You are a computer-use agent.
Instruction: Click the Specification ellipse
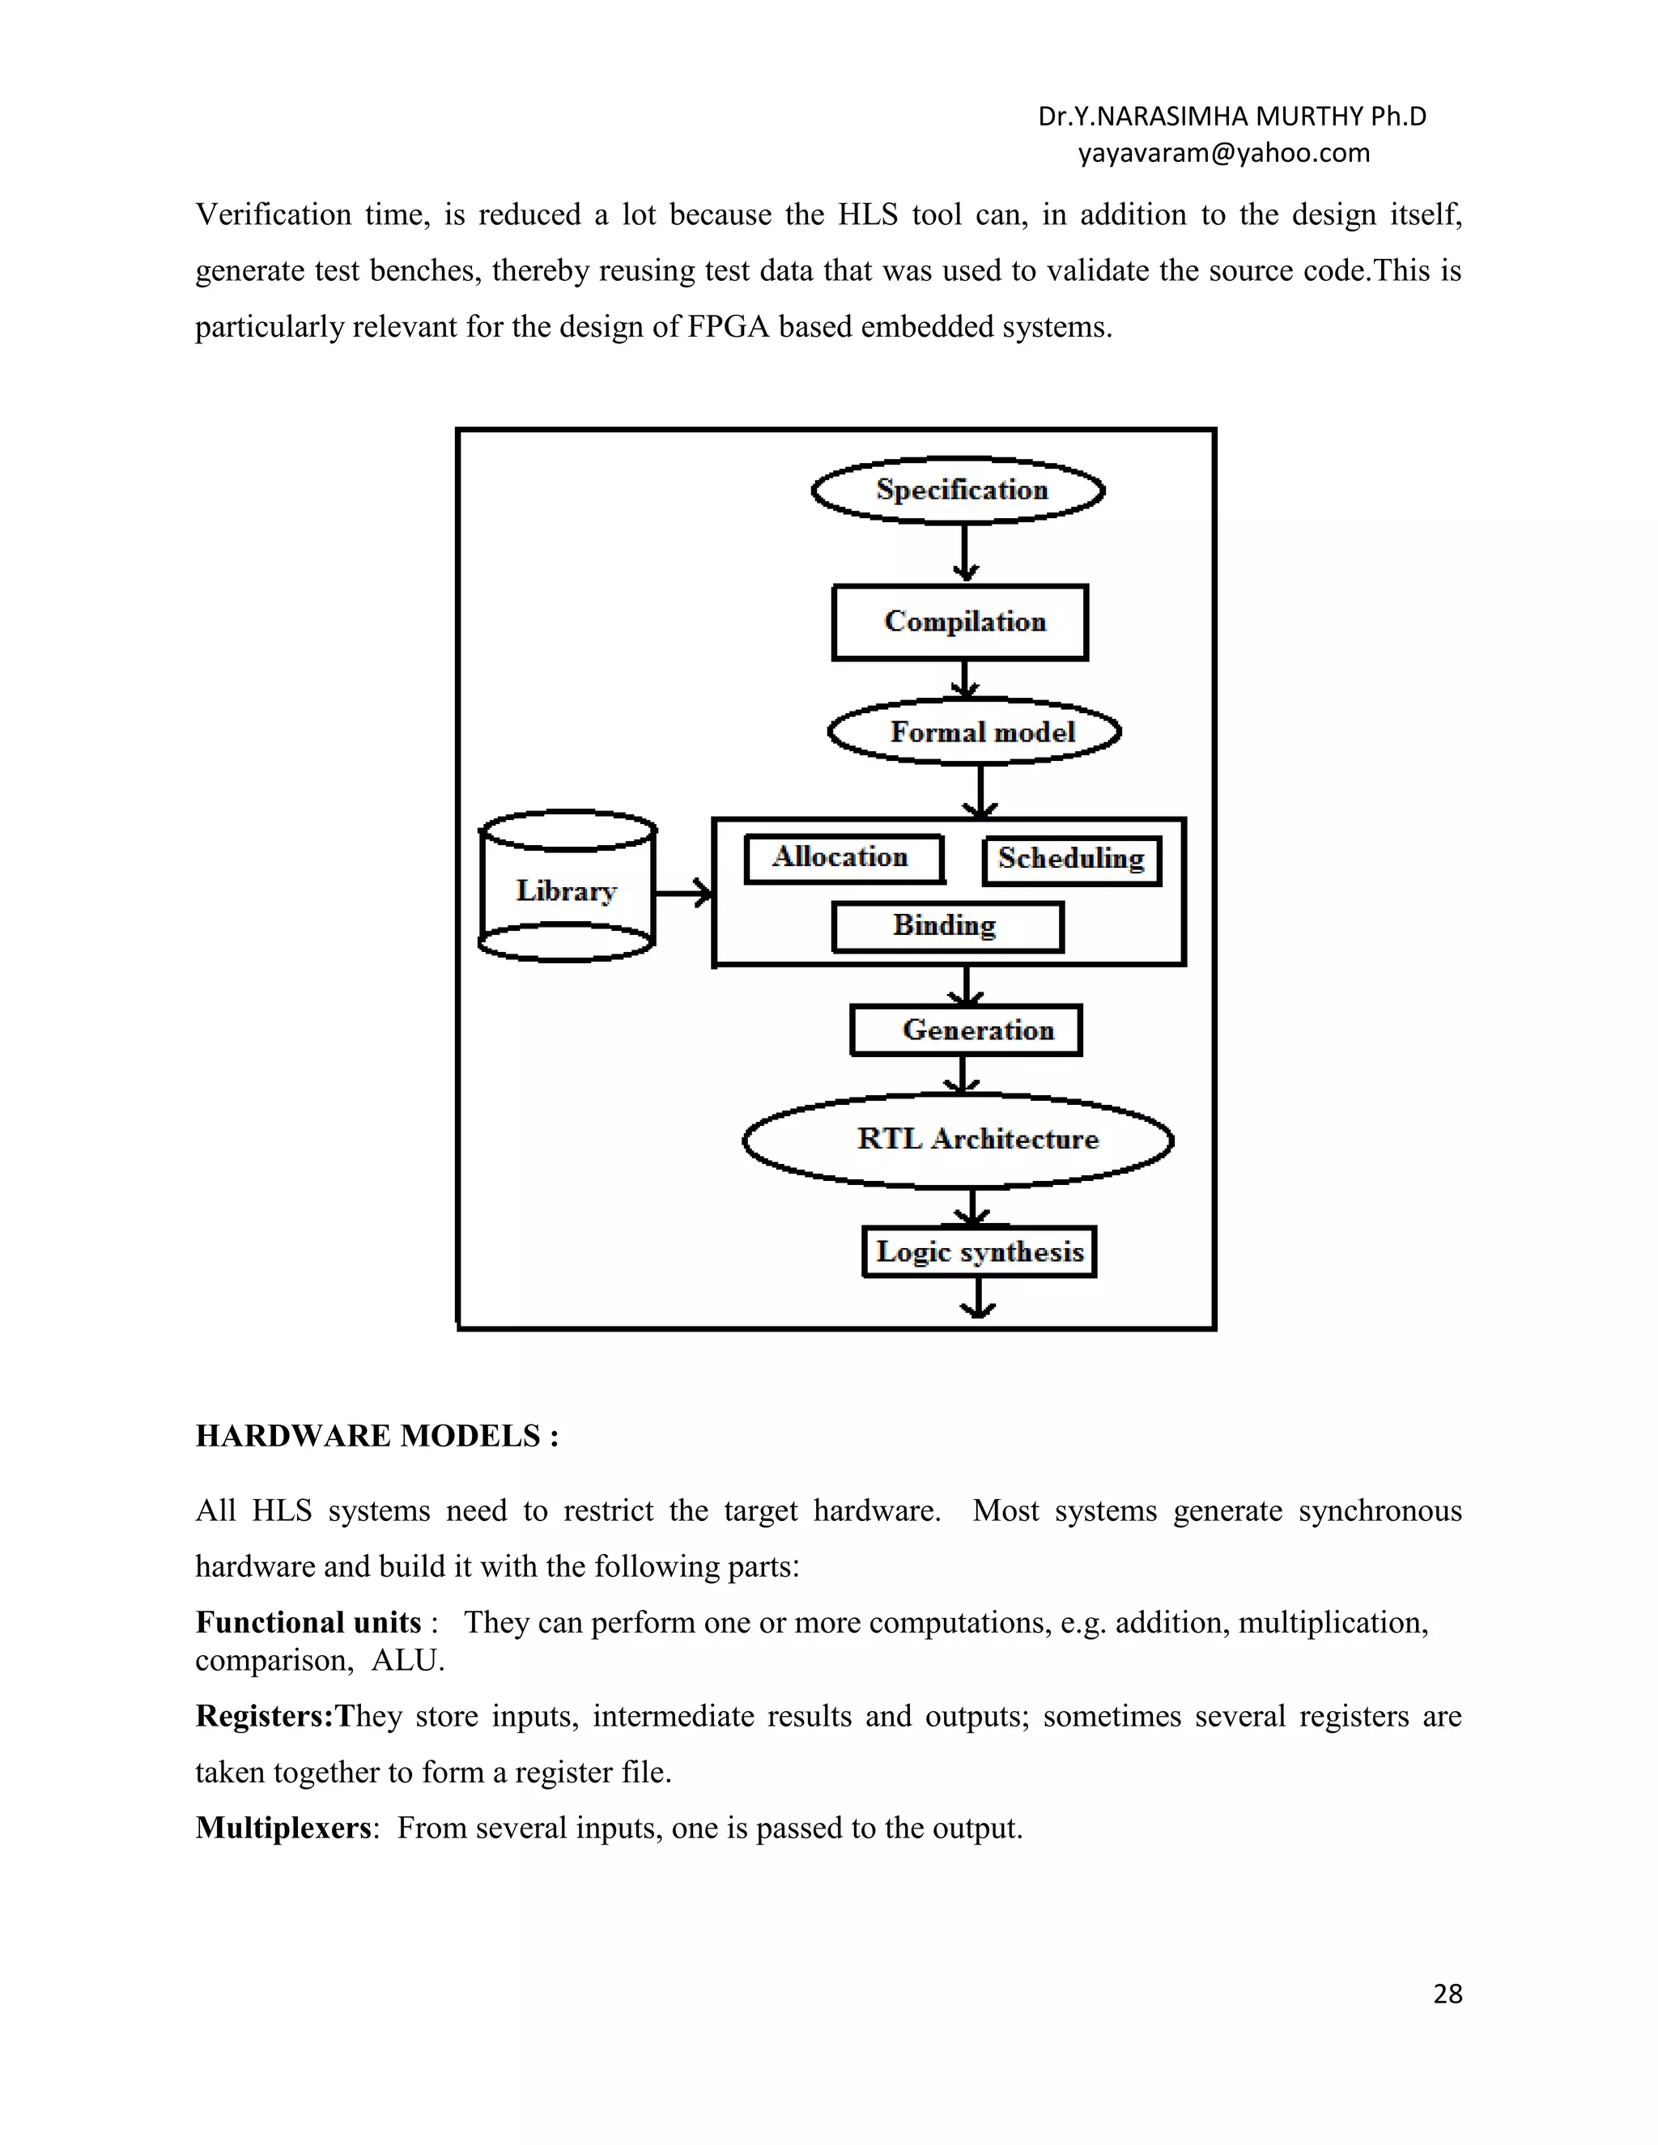click(x=959, y=490)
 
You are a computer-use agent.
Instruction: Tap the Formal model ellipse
click(x=975, y=732)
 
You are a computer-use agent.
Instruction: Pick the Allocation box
click(x=844, y=858)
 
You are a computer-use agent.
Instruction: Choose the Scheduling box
click(x=1072, y=860)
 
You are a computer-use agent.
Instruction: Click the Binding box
click(x=947, y=926)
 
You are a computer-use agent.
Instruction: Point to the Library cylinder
click(x=567, y=889)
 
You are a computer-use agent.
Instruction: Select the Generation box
click(x=967, y=1030)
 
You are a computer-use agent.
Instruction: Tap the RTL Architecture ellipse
click(x=959, y=1140)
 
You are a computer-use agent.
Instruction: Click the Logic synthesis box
click(x=980, y=1252)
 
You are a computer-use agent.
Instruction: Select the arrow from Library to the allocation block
click(x=683, y=893)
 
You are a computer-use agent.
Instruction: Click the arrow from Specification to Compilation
click(x=966, y=554)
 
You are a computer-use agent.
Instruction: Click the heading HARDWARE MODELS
click(x=377, y=1436)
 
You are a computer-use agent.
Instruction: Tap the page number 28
click(x=1448, y=1994)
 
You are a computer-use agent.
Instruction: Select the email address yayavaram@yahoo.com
click(x=1224, y=153)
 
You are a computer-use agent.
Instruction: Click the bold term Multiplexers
click(x=284, y=1828)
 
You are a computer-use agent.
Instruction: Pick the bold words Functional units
click(x=308, y=1621)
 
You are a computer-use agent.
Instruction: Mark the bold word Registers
click(x=264, y=1716)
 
